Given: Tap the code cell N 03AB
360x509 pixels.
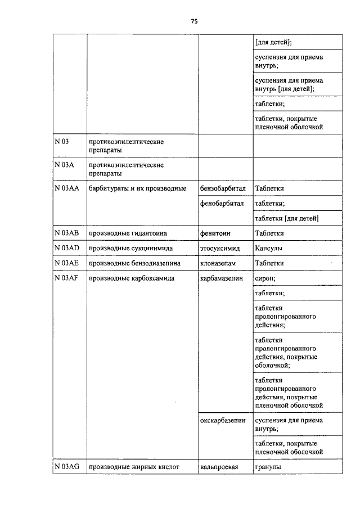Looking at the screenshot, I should pyautogui.click(x=66, y=233).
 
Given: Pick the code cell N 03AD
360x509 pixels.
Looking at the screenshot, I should pyautogui.click(x=66, y=248).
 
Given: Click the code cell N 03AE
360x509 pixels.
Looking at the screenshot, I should pyautogui.click(x=66, y=263).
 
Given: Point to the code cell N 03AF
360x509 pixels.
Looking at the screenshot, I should pyautogui.click(x=66, y=278).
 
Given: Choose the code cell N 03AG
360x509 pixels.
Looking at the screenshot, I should pyautogui.click(x=67, y=466).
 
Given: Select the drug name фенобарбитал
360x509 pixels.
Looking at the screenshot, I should pyautogui.click(x=222, y=203).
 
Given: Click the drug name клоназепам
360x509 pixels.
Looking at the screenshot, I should pyautogui.click(x=218, y=263).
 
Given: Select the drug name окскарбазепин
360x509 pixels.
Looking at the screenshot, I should pyautogui.click(x=223, y=421).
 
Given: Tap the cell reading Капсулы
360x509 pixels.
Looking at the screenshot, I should pyautogui.click(x=269, y=248).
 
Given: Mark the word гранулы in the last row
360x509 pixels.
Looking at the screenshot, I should pyautogui.click(x=268, y=466).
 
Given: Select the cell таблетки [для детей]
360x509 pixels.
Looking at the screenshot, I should pyautogui.click(x=287, y=218).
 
